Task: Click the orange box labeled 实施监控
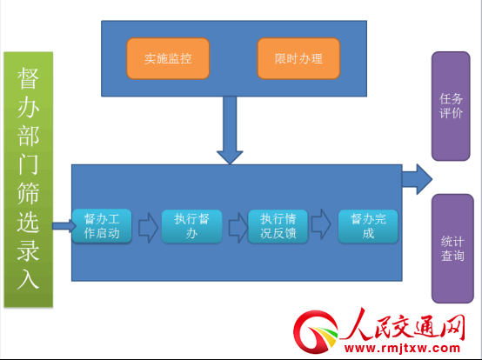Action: coord(168,58)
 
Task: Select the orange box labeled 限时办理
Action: coord(298,58)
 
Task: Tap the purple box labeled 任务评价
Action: coord(451,106)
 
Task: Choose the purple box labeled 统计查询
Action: coord(452,249)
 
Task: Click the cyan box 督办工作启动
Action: coord(102,226)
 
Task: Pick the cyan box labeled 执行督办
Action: coord(191,226)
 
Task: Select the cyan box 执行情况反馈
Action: coord(278,226)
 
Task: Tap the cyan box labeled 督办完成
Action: coord(368,226)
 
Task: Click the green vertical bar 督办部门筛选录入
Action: coord(29,179)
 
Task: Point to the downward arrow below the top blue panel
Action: coord(230,130)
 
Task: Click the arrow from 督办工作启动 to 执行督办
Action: coord(149,228)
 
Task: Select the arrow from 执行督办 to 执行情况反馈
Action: coord(238,228)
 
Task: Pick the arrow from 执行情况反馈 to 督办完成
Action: coord(321,224)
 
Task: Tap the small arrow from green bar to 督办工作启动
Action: coord(64,226)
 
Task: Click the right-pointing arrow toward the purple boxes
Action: coord(417,179)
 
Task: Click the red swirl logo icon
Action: coord(316,333)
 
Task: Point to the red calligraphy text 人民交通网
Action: coord(404,325)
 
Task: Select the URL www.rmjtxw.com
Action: coord(402,348)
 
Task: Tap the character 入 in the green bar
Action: coord(28,279)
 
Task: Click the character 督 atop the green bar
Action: coord(28,78)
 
